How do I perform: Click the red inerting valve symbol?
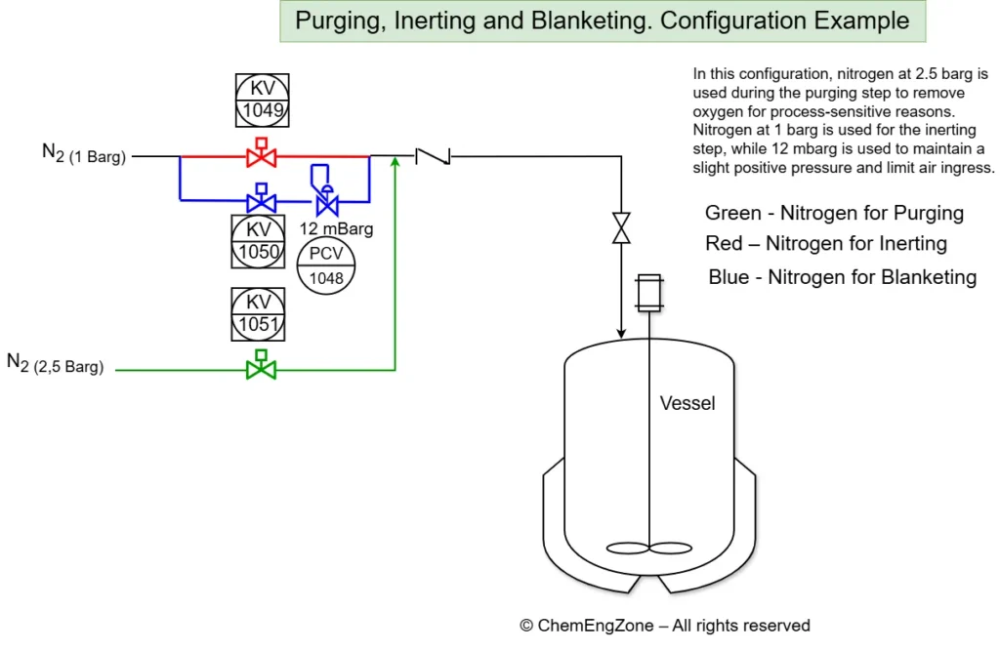click(261, 155)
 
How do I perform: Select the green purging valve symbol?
click(261, 368)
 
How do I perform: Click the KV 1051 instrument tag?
click(259, 313)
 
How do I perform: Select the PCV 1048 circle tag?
click(326, 264)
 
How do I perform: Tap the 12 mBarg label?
click(336, 229)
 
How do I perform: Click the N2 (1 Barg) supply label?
click(84, 154)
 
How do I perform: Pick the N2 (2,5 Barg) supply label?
click(56, 364)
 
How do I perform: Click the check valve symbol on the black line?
click(432, 155)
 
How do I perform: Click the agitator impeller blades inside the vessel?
click(648, 548)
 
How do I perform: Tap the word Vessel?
click(687, 403)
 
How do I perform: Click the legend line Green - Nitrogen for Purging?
click(834, 213)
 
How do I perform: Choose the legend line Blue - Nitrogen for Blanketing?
click(842, 277)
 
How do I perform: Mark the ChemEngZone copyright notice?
click(664, 626)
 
